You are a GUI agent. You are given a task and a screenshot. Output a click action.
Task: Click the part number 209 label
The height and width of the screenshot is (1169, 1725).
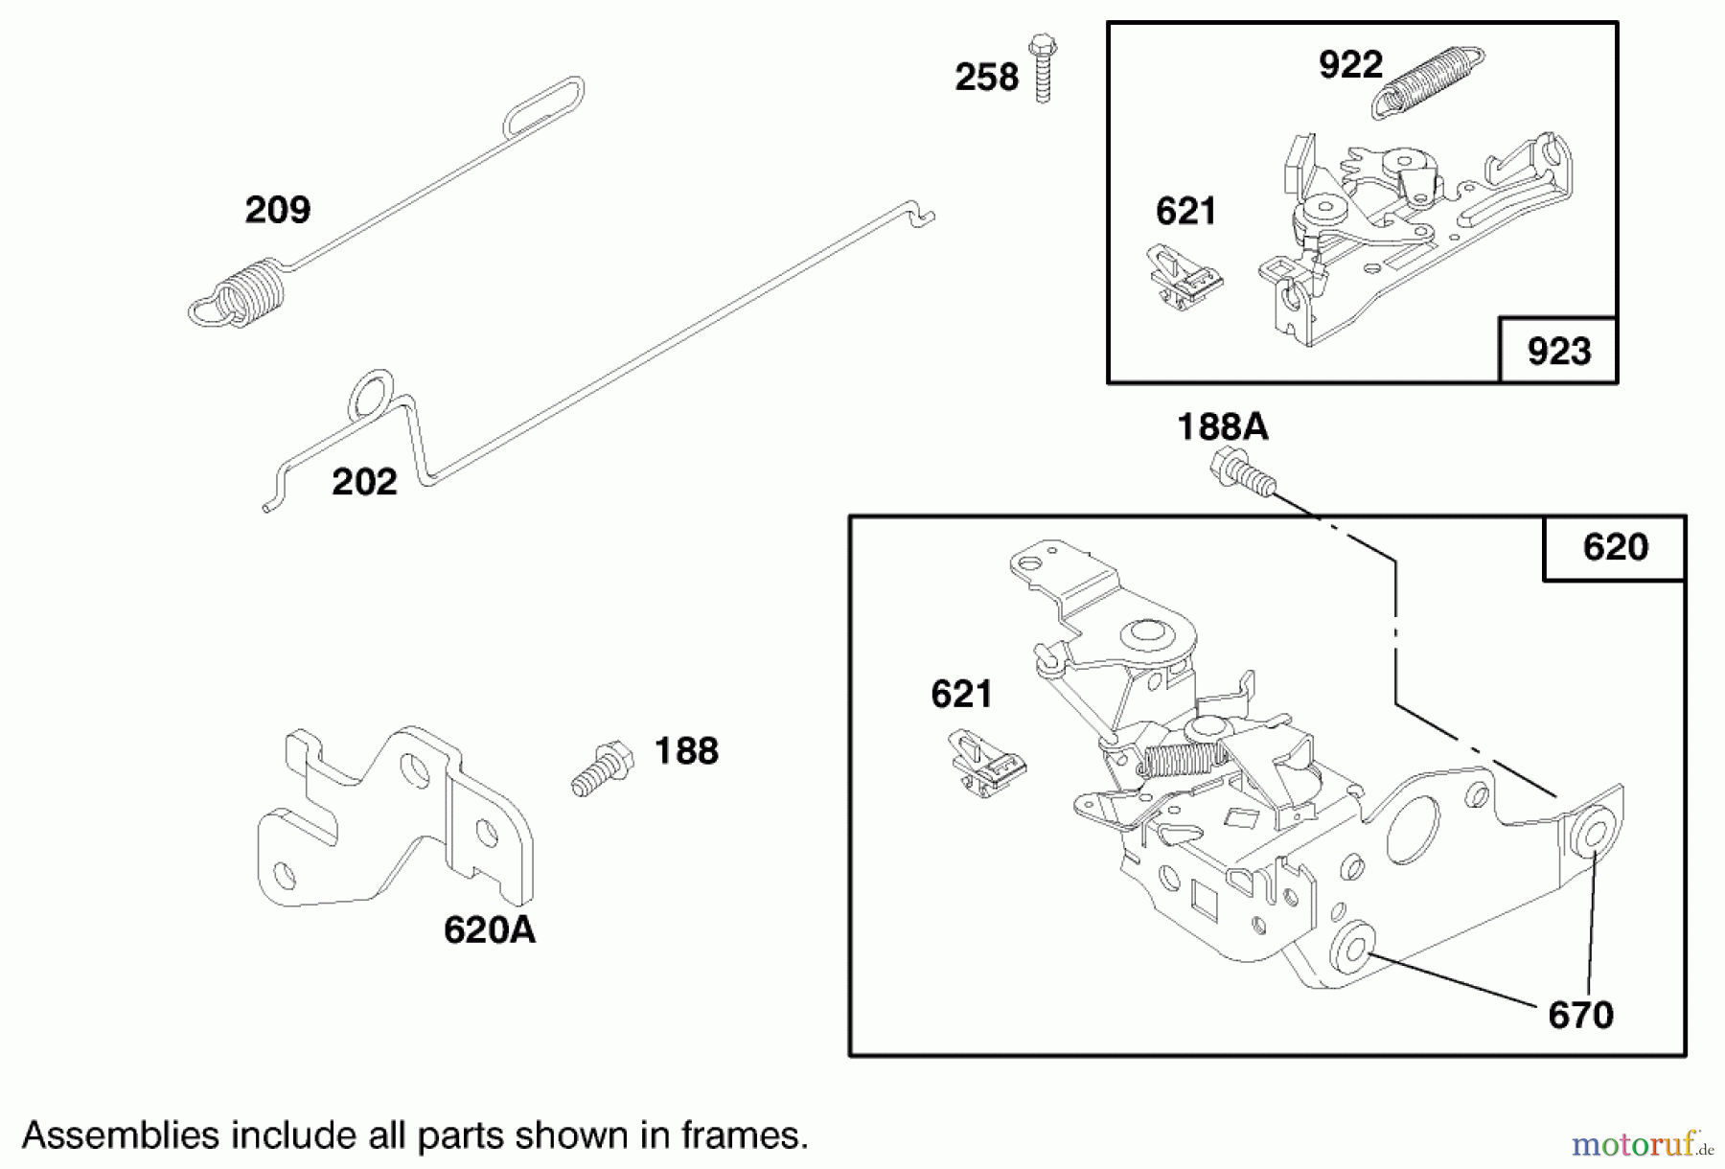[x=278, y=210]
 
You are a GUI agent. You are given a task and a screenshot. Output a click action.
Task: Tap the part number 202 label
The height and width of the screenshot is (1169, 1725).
[x=364, y=482]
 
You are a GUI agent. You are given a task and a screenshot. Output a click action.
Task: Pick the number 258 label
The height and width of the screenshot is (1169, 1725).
[x=986, y=77]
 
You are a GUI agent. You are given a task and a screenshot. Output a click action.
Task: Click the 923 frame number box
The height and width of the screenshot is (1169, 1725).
[x=1558, y=351]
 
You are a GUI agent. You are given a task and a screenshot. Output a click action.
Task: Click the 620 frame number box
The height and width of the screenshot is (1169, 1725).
[x=1615, y=547]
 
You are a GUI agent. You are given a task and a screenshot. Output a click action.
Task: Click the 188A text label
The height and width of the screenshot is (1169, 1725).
[x=1222, y=426]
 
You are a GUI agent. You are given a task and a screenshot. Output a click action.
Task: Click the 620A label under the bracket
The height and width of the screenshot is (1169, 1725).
[x=489, y=929]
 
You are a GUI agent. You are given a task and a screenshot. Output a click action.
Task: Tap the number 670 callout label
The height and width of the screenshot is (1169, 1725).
[x=1580, y=1015]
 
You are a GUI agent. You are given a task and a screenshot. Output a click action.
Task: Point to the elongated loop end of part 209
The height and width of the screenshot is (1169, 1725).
[x=543, y=106]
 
